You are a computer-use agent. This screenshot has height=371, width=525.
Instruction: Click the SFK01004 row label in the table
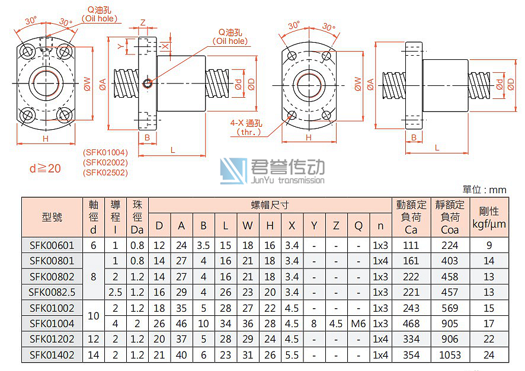pos(52,324)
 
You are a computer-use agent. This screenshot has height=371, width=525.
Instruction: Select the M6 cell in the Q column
pos(358,324)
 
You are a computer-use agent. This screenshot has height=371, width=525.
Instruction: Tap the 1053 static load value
pos(450,354)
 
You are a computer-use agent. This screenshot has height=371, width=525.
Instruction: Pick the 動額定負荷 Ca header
pos(411,217)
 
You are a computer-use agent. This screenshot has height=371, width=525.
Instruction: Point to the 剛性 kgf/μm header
pos(489,217)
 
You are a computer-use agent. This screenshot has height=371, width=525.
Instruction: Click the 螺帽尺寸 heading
pos(270,205)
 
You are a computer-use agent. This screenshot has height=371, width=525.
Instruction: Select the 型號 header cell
pos(52,217)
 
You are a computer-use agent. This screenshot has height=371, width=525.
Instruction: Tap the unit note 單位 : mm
pos(485,190)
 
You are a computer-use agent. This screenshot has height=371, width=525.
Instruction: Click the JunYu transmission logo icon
pos(233,171)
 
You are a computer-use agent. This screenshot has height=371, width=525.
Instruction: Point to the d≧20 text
pos(45,169)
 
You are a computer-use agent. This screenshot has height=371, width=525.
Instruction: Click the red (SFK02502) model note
pos(105,172)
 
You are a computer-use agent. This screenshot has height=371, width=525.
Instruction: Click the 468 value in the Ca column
pos(411,324)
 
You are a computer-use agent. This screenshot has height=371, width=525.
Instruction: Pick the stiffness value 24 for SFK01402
pos(489,354)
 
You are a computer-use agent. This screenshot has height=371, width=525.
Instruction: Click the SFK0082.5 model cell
pos(52,292)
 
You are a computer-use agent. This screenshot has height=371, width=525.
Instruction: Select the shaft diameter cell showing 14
pos(93,354)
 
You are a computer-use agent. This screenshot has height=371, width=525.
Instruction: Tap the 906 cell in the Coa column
pos(450,339)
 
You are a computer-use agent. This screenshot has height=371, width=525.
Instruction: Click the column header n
pos(380,226)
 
